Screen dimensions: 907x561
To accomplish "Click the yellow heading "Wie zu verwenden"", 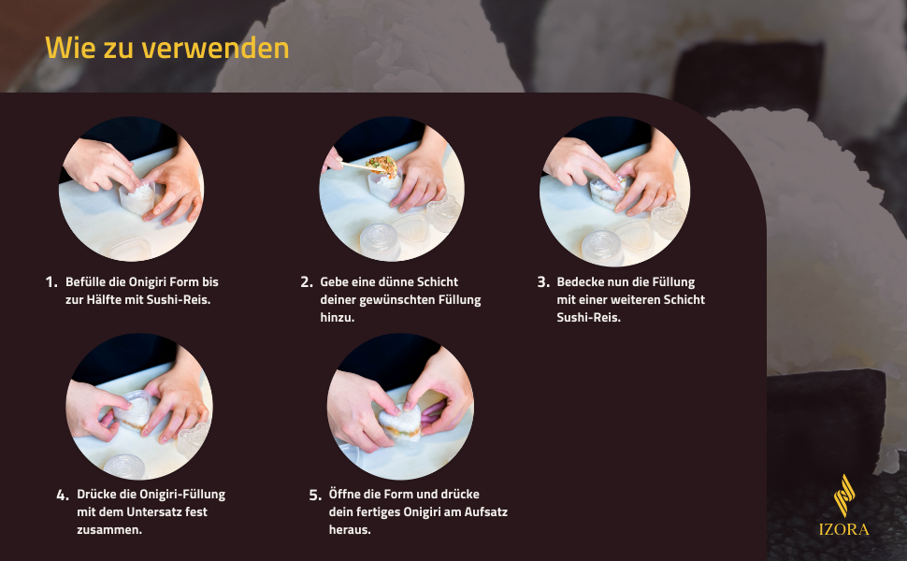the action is pyautogui.click(x=166, y=48).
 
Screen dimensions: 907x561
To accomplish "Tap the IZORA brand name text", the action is pyautogui.click(x=843, y=529).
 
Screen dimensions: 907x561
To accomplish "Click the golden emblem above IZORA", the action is pyautogui.click(x=844, y=495).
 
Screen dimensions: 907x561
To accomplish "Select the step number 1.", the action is pyautogui.click(x=50, y=282).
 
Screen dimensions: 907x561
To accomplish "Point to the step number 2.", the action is pyautogui.click(x=306, y=282).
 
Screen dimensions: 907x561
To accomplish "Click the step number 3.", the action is pyautogui.click(x=542, y=282).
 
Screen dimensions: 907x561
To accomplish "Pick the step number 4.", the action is pyautogui.click(x=63, y=495).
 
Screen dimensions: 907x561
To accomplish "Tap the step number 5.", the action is pyautogui.click(x=315, y=495).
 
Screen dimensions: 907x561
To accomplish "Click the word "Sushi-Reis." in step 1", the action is pyautogui.click(x=179, y=299).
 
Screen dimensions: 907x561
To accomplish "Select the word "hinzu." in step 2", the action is pyautogui.click(x=338, y=318).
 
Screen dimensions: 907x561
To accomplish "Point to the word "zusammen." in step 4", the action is pyautogui.click(x=109, y=530).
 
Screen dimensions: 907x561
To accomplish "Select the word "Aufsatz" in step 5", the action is pyautogui.click(x=486, y=511).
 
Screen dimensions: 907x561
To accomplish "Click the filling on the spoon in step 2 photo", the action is pyautogui.click(x=382, y=166).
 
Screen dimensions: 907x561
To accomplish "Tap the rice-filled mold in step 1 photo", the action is pyautogui.click(x=137, y=197).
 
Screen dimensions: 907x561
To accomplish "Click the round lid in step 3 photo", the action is pyautogui.click(x=602, y=248).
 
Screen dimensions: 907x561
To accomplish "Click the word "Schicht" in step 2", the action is pyautogui.click(x=438, y=282).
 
